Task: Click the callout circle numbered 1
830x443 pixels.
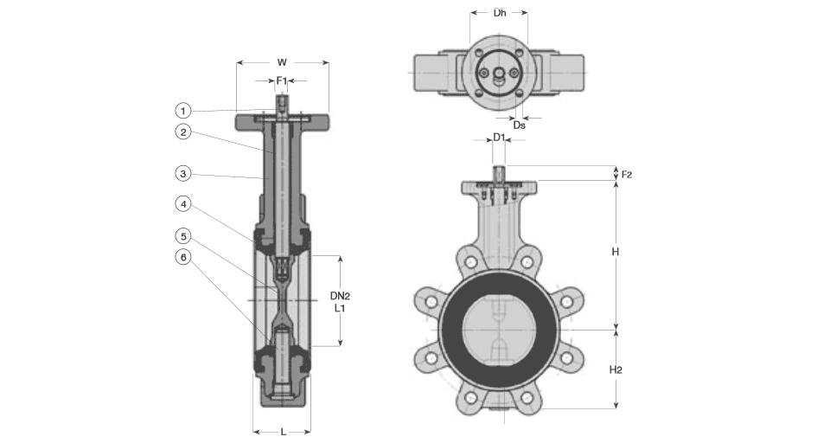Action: (182, 110)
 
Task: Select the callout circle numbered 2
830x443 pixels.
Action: (182, 132)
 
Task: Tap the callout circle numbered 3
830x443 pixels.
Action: (182, 174)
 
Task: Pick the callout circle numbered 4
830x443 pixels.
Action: (182, 204)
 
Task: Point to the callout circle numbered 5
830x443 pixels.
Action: (182, 235)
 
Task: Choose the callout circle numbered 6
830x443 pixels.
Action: (182, 257)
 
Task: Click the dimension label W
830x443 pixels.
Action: (282, 62)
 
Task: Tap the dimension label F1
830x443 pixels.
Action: (282, 80)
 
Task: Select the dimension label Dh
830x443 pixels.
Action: (500, 13)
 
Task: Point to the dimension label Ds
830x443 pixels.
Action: (519, 125)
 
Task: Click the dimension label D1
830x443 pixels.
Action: (500, 138)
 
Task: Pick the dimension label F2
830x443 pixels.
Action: (627, 174)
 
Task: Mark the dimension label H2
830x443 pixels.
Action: (616, 369)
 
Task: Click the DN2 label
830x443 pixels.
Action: (340, 296)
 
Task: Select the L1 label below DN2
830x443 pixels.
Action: (340, 308)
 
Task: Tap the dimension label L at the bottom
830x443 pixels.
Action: (283, 431)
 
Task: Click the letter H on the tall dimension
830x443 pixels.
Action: (615, 252)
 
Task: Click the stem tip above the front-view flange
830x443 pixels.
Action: (500, 171)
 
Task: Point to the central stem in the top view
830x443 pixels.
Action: (500, 75)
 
